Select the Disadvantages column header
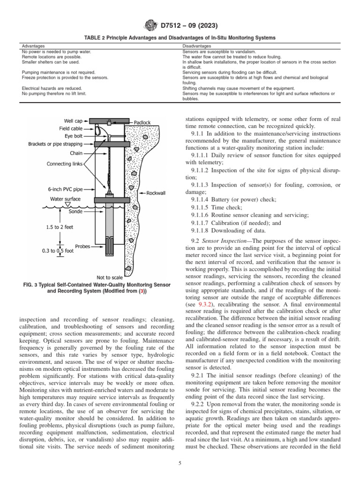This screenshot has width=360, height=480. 196,46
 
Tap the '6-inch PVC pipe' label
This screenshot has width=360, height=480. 65,189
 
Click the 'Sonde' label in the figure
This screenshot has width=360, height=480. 76,211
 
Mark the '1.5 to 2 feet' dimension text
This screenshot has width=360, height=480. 60,227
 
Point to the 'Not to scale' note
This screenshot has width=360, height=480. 110,277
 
